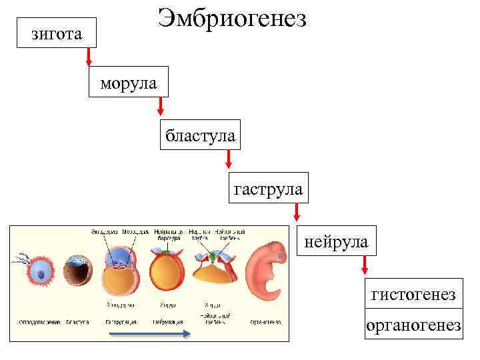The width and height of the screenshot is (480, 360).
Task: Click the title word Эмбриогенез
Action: [232, 19]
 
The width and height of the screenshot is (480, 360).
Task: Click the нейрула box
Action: [336, 241]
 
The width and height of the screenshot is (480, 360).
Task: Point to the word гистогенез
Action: [413, 294]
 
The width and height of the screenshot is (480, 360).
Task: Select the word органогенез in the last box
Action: [413, 325]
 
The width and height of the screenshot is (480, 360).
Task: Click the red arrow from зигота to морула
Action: [89, 57]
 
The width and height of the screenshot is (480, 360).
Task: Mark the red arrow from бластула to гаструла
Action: [229, 160]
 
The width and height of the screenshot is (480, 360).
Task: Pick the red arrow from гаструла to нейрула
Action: [297, 213]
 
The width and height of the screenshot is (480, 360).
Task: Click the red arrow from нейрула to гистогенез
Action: [364, 265]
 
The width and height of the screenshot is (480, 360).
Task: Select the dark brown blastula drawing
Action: [77, 272]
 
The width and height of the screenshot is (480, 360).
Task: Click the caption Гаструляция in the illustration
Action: [121, 323]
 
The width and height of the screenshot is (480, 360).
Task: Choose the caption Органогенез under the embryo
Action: [265, 323]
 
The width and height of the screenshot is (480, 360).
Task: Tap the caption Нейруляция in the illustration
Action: [167, 323]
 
